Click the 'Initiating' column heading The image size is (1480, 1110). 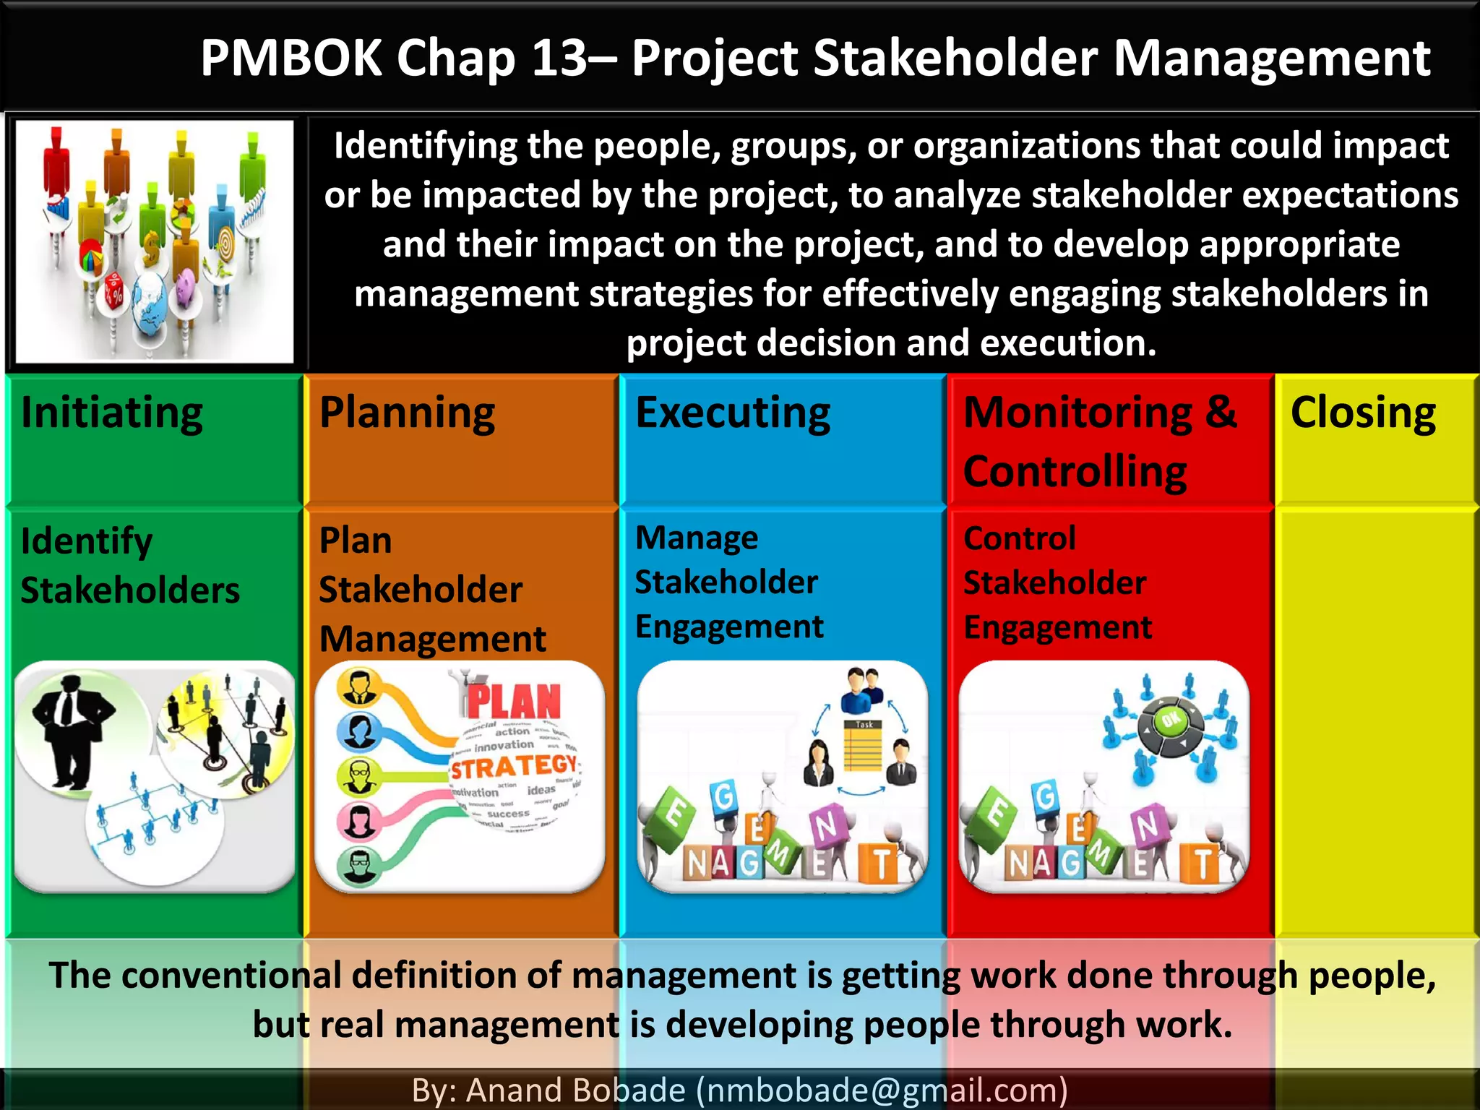tap(112, 413)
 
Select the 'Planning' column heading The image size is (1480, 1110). tap(407, 413)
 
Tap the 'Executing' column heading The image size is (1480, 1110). tap(733, 413)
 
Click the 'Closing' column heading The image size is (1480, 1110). tap(1363, 413)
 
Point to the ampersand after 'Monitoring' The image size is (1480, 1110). tap(1221, 412)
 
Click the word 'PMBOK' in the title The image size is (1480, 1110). tap(291, 58)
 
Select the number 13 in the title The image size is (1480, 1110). tap(559, 58)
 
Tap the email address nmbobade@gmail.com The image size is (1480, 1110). tap(881, 1090)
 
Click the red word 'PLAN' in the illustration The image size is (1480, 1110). tap(514, 701)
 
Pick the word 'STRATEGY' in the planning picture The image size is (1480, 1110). tap(514, 766)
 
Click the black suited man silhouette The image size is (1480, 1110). tap(70, 730)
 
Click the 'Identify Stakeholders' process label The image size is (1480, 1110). tap(130, 565)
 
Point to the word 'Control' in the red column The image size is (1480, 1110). tap(1019, 538)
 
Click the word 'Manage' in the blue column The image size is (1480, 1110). tap(697, 538)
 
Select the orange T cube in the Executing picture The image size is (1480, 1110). tap(881, 864)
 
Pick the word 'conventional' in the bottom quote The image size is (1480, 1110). tap(231, 975)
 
